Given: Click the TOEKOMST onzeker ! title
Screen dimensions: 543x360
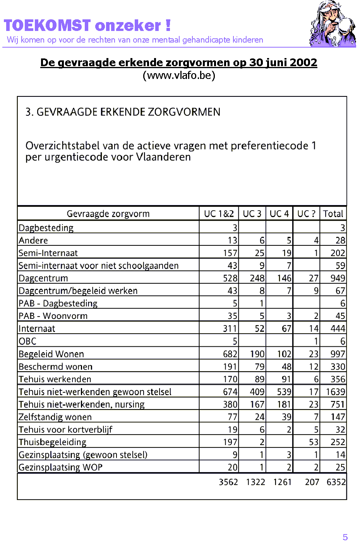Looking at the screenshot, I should pos(87,26).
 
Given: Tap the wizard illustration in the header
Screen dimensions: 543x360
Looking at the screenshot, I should pos(332,24).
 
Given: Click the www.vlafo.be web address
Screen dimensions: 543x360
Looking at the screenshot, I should pos(179,75).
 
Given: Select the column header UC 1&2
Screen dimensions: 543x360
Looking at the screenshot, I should pos(219,214).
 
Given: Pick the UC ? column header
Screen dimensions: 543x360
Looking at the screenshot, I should pos(306,214).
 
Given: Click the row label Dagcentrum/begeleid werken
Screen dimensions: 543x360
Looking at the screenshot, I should pos(78,291).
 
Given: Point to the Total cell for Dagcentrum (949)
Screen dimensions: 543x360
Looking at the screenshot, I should pos(338,278).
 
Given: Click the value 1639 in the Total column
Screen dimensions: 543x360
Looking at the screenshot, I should pos(335,392).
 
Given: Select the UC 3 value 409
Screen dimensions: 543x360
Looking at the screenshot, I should pos(257,392).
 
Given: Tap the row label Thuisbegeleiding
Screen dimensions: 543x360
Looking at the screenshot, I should pos(53,442).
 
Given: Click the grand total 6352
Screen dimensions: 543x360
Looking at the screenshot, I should pos(336,482).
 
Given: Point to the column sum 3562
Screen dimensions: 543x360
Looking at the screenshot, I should pos(228,482).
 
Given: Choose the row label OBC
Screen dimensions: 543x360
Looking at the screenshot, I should pos(27,341).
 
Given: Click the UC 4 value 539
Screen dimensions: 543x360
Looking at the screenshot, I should pos(284,392).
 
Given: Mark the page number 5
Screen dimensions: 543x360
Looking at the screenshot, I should pos(345,537).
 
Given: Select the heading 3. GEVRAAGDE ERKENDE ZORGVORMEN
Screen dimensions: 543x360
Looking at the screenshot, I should pos(123,112).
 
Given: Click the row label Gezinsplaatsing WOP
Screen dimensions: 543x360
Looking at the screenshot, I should pos(61,467).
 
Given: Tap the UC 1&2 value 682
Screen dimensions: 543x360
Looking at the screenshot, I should pos(230,354).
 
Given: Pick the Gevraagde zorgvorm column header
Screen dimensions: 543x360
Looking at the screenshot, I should pos(108,214).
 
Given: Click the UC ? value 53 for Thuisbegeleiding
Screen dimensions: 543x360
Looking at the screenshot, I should pos(314,442).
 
